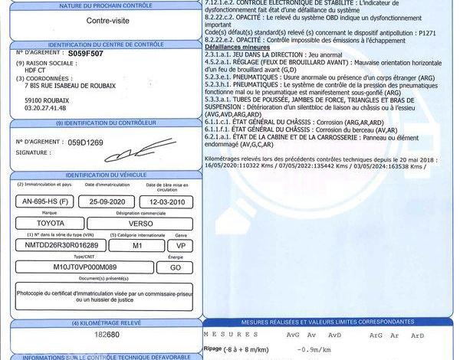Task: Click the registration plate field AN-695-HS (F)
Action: tap(45, 201)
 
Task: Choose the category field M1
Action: tap(137, 246)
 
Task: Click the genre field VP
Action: tap(181, 246)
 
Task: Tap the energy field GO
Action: tap(176, 268)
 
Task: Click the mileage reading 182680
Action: tap(107, 335)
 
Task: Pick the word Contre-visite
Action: tap(107, 21)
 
